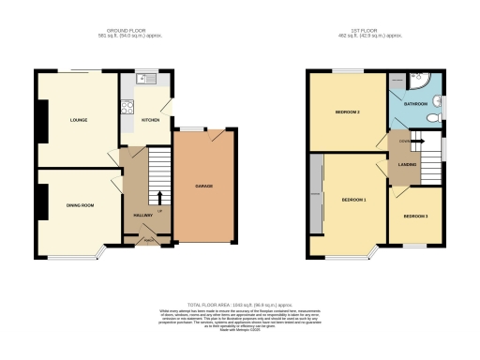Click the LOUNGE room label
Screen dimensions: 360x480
pyautogui.click(x=78, y=121)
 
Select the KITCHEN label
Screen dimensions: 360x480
pyautogui.click(x=150, y=121)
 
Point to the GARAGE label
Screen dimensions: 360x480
pyautogui.click(x=203, y=187)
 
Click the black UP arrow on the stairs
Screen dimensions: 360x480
pyautogui.click(x=157, y=198)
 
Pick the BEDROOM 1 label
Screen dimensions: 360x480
pyautogui.click(x=352, y=201)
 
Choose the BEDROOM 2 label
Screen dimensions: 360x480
pyautogui.click(x=347, y=112)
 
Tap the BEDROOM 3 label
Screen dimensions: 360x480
pyautogui.click(x=415, y=217)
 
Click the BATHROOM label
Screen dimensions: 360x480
pyautogui.click(x=415, y=103)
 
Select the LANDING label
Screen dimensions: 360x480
pyautogui.click(x=407, y=165)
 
